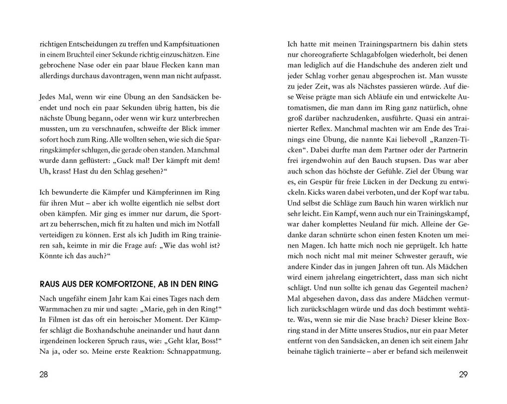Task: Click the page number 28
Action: [x=44, y=375]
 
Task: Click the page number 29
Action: [x=463, y=375]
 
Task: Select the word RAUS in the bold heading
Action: [x=49, y=284]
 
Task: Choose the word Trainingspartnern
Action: [x=364, y=44]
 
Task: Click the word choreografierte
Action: [x=328, y=54]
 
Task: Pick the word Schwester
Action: [x=408, y=256]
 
